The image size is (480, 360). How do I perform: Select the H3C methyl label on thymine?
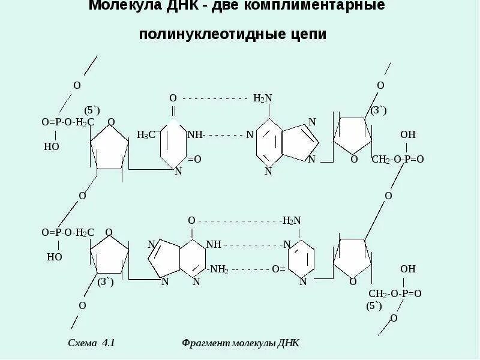pos(146,135)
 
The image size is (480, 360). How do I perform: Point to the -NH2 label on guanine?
pos(218,270)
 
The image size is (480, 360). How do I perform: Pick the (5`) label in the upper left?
pos(92,110)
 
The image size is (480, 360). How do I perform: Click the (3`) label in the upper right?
pos(379,110)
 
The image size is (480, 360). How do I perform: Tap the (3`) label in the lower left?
pos(106,281)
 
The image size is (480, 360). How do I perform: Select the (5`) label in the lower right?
pos(374,305)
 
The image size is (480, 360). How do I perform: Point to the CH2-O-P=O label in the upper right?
pos(398,159)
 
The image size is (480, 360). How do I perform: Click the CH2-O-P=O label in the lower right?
pos(395,293)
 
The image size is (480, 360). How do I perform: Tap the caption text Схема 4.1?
pos(91,343)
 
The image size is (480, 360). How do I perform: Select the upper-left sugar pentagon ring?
pos(109,147)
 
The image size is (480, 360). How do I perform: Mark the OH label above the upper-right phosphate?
pos(408,134)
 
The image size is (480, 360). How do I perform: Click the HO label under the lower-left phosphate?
pos(55,257)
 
